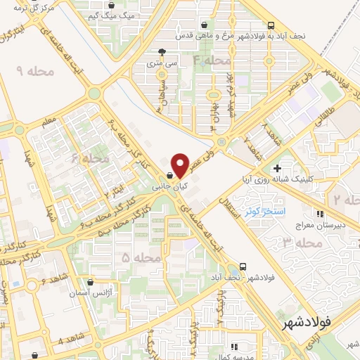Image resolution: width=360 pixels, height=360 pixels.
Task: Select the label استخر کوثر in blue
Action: pos(262,211)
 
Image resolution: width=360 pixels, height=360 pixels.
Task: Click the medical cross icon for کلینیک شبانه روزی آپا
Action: pos(278,168)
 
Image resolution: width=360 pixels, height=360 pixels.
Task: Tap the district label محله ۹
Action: pos(30,70)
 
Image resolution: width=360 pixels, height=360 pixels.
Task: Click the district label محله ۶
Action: pos(90,160)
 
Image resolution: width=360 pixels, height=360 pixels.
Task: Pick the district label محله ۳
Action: pos(302,243)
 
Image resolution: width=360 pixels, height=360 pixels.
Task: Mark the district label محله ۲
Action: pos(346,200)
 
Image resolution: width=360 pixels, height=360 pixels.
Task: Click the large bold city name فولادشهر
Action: pos(307,324)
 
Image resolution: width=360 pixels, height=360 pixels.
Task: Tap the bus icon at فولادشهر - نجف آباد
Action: pos(243,266)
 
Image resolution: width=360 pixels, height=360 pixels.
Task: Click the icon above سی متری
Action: pos(162,51)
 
